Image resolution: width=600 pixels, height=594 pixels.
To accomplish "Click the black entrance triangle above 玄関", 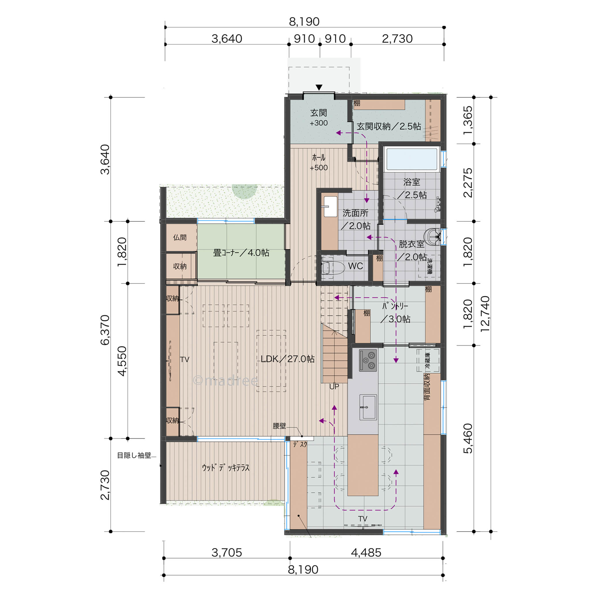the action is [319, 88].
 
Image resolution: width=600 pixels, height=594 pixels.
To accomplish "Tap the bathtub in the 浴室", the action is [412, 159].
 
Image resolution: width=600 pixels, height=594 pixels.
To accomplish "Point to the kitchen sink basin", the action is [368, 407].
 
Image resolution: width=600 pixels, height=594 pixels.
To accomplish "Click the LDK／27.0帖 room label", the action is [287, 359].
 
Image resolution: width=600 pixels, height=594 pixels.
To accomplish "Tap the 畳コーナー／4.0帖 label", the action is [241, 253].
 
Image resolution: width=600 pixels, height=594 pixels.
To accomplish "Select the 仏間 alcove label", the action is [180, 237].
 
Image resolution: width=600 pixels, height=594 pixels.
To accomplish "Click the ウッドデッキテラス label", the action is [226, 467].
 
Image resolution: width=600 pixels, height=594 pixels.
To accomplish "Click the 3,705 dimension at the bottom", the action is [227, 552].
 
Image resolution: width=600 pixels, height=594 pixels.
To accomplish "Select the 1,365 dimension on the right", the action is [468, 121].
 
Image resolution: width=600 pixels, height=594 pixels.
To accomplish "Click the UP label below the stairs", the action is [334, 387].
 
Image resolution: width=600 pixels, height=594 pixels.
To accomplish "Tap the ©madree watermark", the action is [225, 380].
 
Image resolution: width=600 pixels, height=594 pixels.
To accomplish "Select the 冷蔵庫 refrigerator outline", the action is [428, 361].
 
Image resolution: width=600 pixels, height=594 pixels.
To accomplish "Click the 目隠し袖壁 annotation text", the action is [134, 456].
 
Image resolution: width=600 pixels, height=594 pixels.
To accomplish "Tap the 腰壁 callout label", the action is [279, 426].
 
